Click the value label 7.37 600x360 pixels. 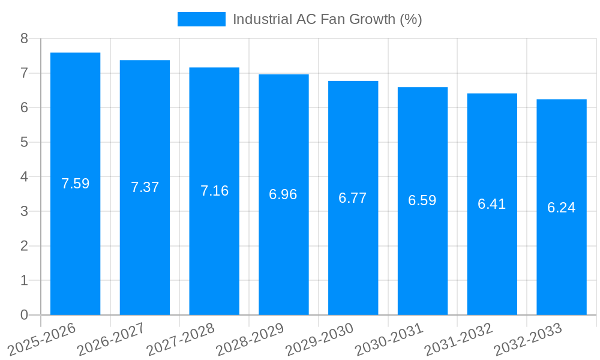pyautogui.click(x=145, y=187)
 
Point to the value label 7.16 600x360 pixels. pyautogui.click(x=214, y=191)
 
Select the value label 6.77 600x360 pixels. pyautogui.click(x=353, y=198)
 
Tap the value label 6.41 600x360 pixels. pyautogui.click(x=492, y=204)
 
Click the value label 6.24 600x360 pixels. pyautogui.click(x=562, y=208)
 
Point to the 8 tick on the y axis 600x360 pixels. pyautogui.click(x=24, y=38)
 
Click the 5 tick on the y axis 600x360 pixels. pyautogui.click(x=24, y=142)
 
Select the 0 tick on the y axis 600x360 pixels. pyautogui.click(x=24, y=315)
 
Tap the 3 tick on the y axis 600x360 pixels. pyautogui.click(x=24, y=211)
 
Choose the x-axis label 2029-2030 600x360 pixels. pyautogui.click(x=319, y=339)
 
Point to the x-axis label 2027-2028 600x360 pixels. pyautogui.click(x=180, y=339)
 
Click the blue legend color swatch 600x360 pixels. pyautogui.click(x=202, y=19)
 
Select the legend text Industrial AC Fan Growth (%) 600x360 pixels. pyautogui.click(x=327, y=19)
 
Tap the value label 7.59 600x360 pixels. pyautogui.click(x=75, y=184)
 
